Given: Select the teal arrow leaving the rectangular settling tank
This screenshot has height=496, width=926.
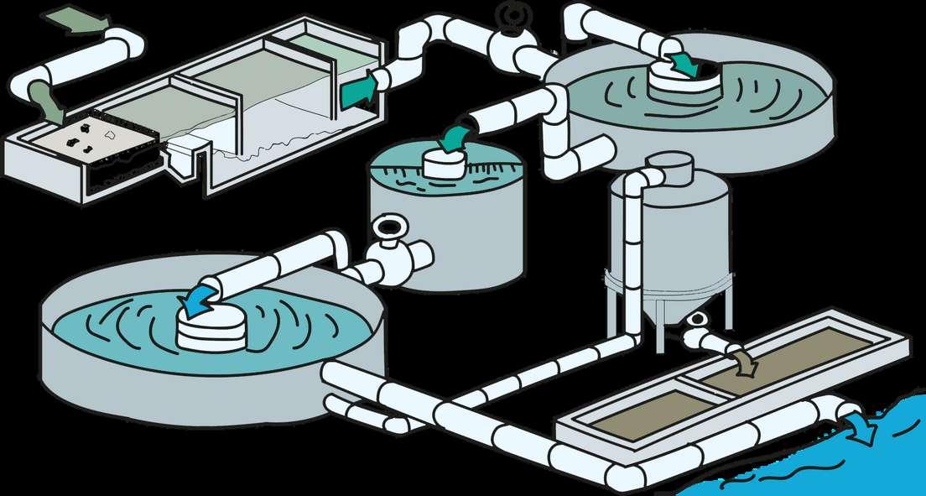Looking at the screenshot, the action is click(358, 89).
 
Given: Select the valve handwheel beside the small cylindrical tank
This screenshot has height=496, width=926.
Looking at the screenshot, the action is click(390, 228).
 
